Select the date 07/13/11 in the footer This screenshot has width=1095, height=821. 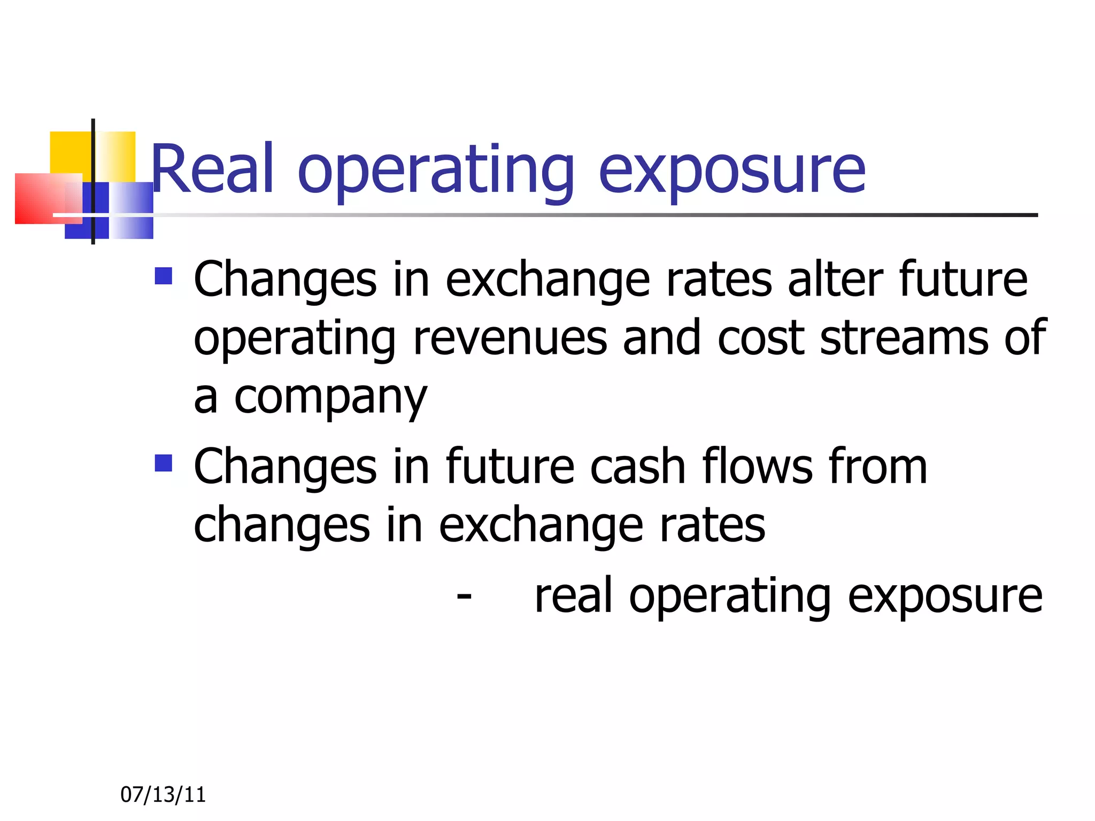click(163, 795)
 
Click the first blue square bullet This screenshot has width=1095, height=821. click(164, 276)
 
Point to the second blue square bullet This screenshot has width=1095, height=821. click(164, 463)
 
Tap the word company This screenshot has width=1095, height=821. click(330, 398)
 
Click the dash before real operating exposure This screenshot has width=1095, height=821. click(464, 595)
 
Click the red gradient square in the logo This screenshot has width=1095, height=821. click(43, 199)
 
